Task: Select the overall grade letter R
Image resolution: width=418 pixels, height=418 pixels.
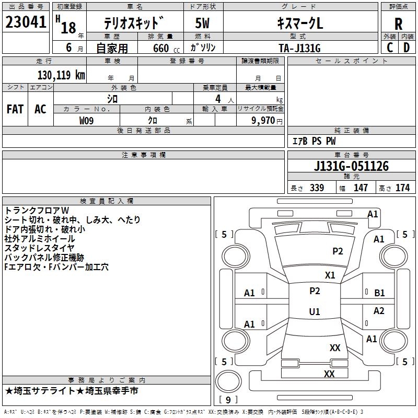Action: click(x=398, y=24)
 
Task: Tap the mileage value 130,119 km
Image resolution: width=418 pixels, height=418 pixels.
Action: click(x=61, y=75)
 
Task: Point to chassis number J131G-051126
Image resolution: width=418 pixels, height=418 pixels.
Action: click(x=351, y=166)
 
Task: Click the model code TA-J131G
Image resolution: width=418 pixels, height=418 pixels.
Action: click(x=299, y=48)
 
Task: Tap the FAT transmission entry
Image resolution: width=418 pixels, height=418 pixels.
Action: click(x=15, y=109)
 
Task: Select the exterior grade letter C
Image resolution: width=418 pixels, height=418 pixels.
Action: click(x=389, y=48)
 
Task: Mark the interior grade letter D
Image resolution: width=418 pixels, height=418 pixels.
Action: click(x=407, y=48)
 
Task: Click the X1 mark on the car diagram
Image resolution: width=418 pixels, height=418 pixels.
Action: click(x=330, y=275)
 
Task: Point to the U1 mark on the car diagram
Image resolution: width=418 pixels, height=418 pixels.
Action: click(x=315, y=312)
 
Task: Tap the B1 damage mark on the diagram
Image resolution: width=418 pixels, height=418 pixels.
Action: click(x=379, y=293)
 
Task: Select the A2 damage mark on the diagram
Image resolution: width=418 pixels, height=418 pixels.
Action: click(x=379, y=311)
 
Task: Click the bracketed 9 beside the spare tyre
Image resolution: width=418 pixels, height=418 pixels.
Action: click(x=227, y=400)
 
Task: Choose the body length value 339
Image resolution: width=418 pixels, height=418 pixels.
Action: click(x=317, y=188)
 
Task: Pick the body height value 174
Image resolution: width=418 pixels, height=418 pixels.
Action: click(x=402, y=188)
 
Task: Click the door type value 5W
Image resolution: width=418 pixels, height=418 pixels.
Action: click(x=203, y=24)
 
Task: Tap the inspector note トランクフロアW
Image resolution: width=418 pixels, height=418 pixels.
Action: click(x=40, y=210)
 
